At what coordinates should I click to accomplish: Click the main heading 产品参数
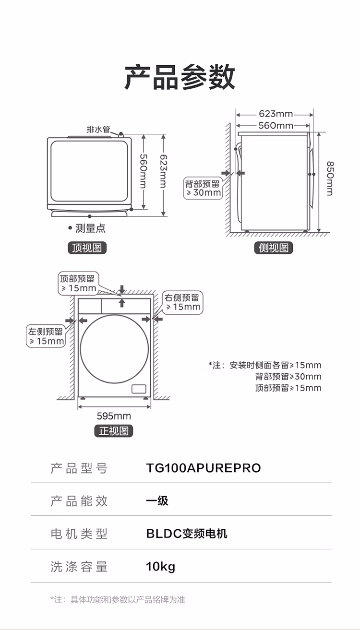pos(180,77)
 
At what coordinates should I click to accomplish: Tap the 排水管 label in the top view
pos(98,130)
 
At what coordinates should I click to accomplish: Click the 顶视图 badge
pos(87,248)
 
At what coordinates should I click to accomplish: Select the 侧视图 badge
pos(274,248)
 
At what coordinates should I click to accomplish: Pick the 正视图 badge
pos(114,431)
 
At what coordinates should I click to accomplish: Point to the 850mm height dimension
pos(330,178)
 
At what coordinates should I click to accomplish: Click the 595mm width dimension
pos(114,416)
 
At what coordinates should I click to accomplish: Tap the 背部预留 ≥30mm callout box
pos(203,189)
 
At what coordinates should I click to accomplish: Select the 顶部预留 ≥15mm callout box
pos(78,284)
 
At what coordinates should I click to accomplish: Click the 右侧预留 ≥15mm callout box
pos(182,302)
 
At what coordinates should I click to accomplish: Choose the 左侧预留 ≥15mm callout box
pos(46,336)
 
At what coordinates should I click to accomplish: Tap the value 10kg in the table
pos(160,567)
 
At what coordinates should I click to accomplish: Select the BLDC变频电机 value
pos(187,534)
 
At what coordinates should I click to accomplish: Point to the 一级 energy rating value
pos(157,501)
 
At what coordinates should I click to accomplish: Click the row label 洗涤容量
pos(79,567)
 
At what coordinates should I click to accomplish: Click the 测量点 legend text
pos(90,228)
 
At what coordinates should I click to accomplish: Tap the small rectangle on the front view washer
pos(139,389)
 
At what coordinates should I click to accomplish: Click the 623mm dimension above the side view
pos(276,114)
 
